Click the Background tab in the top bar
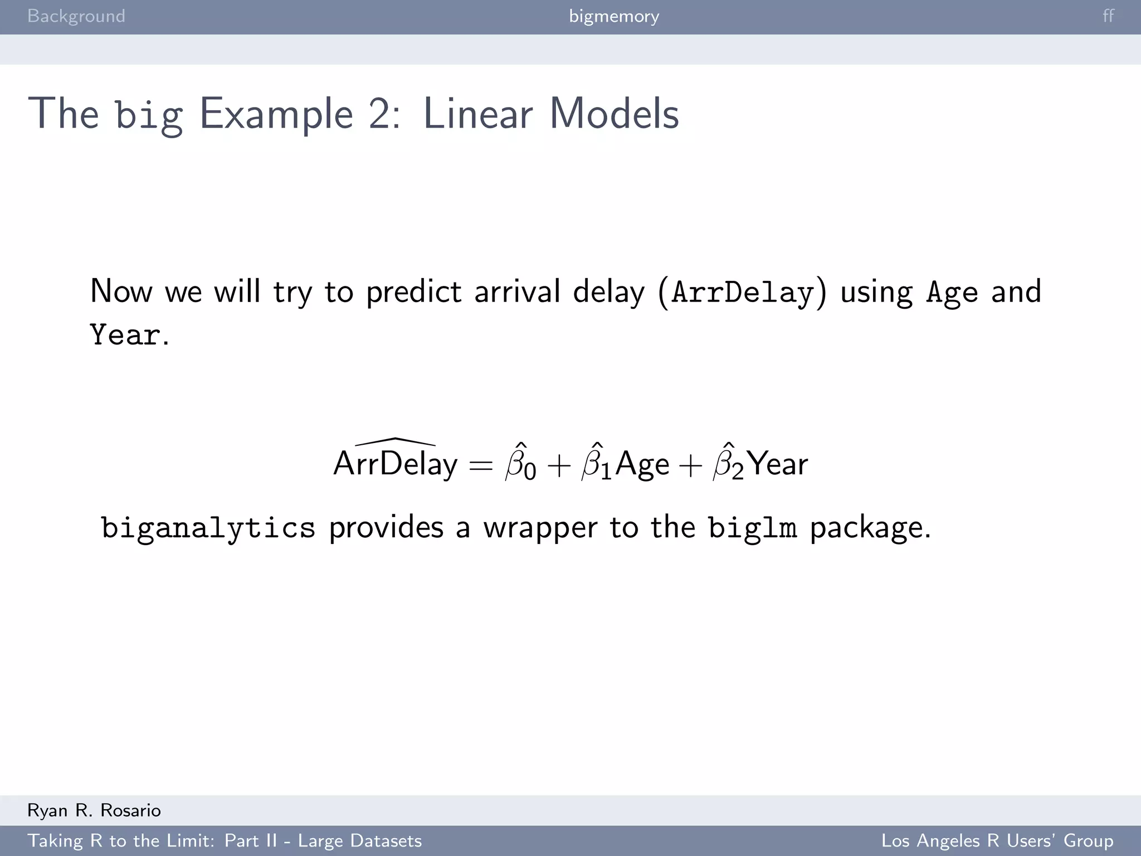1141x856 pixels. click(76, 16)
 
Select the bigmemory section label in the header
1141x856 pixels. click(614, 16)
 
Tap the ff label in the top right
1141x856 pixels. click(1108, 16)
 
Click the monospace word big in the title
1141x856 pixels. click(149, 115)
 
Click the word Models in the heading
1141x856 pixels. click(614, 114)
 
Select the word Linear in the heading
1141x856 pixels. click(478, 114)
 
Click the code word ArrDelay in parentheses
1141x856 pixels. click(743, 292)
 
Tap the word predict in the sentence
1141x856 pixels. click(414, 292)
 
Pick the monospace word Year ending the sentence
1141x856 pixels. click(125, 335)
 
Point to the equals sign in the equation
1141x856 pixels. click(481, 465)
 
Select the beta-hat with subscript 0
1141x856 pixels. click(520, 463)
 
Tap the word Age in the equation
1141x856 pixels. click(642, 465)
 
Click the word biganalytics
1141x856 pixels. click(208, 527)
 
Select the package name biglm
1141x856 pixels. click(752, 527)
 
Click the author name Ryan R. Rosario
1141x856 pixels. click(94, 810)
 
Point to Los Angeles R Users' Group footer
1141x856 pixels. click(997, 840)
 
